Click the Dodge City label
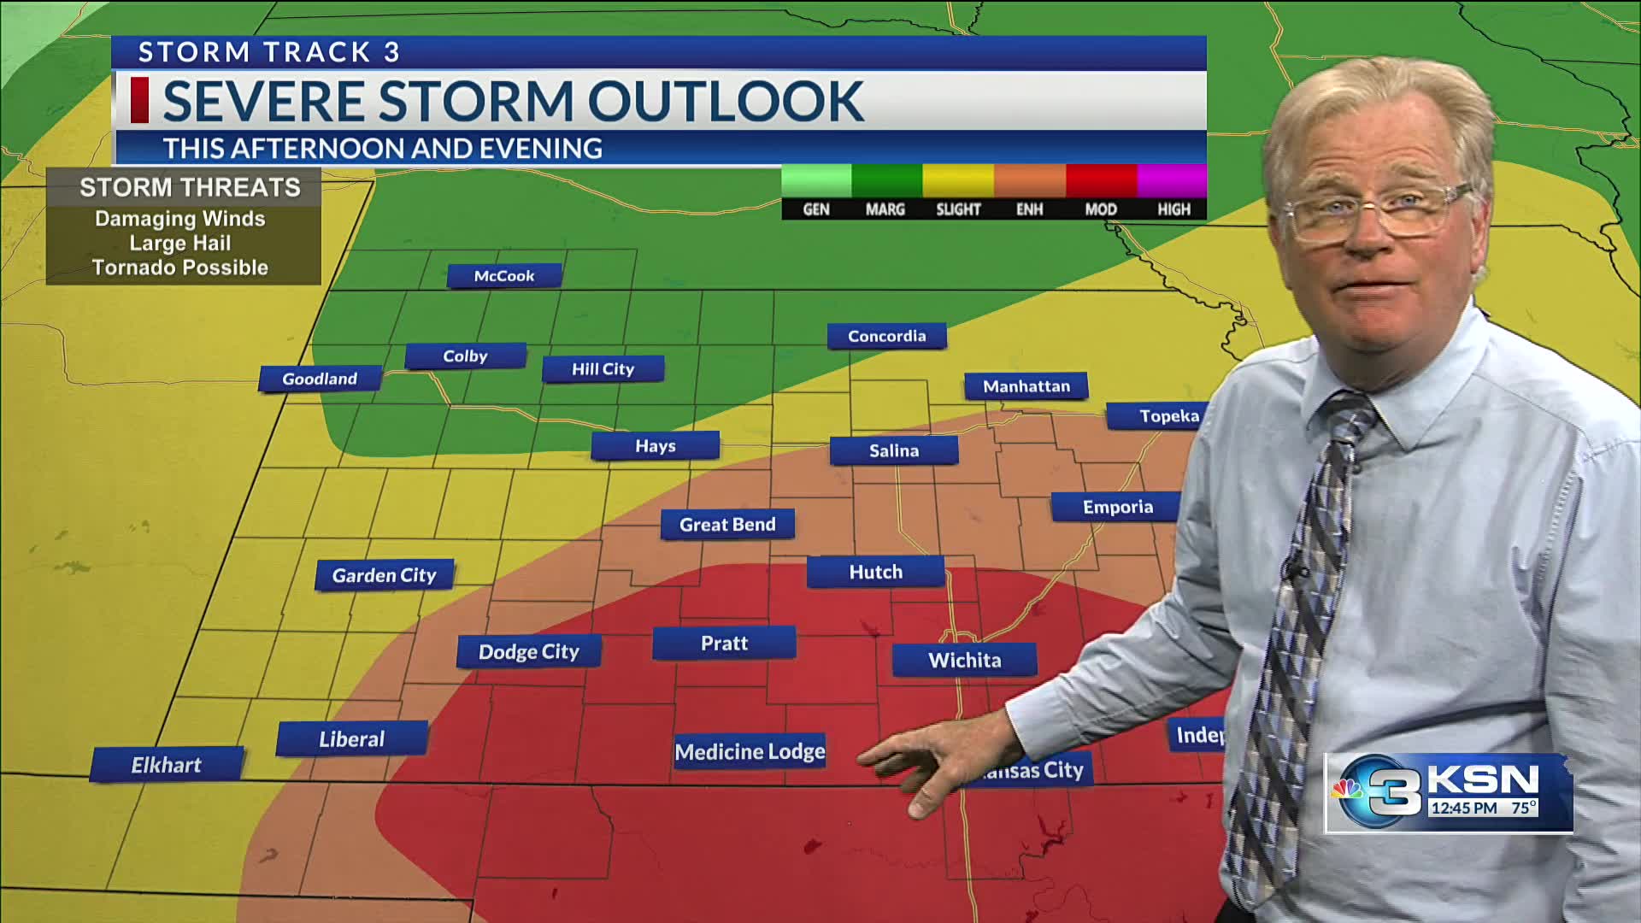(528, 651)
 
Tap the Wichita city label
(964, 660)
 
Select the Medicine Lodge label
(750, 751)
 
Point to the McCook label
(504, 275)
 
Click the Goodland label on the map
(320, 379)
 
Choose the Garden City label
(384, 575)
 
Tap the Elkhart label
(167, 765)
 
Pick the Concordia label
(886, 336)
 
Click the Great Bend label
(727, 524)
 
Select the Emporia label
(1117, 507)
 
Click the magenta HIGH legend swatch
(1172, 181)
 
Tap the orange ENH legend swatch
(1029, 181)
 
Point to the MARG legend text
(885, 209)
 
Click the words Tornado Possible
(180, 267)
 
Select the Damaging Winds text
(180, 219)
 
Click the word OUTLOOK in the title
(725, 101)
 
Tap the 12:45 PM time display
(1464, 807)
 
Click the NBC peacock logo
(1349, 789)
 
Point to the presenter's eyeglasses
(1376, 212)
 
